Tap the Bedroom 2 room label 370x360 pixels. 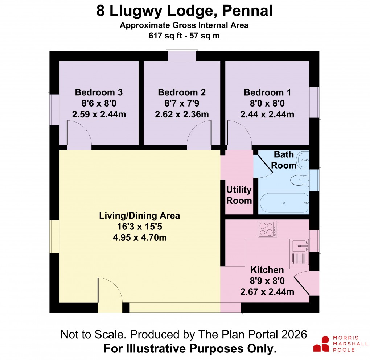click(182, 92)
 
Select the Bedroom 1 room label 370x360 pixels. click(267, 92)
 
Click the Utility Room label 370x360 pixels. click(239, 195)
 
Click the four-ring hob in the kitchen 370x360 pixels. click(267, 229)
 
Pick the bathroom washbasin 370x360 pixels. click(303, 158)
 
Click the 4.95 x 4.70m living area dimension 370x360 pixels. click(140, 238)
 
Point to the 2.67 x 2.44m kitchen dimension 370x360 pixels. click(267, 292)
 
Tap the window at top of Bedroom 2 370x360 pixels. click(182, 56)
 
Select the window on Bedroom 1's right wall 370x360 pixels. click(315, 102)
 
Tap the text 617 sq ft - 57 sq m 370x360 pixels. click(184, 36)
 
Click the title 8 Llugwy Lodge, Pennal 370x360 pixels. click(184, 11)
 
